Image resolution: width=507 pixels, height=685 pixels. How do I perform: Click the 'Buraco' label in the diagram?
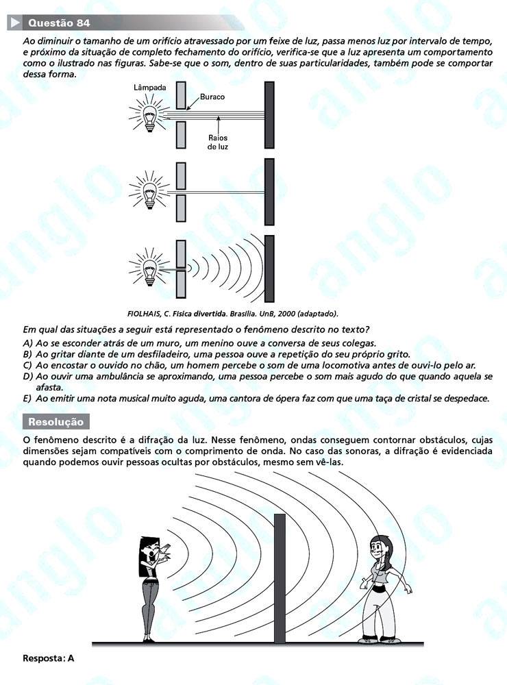(x=212, y=97)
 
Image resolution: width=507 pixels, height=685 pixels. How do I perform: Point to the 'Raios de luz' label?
(x=218, y=142)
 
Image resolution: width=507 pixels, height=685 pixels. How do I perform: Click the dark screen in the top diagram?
(x=269, y=114)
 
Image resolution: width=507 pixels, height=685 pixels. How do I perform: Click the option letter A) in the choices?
(x=27, y=342)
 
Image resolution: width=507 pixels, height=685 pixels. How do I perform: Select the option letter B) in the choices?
(x=27, y=354)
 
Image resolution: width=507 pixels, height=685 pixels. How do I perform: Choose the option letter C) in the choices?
(x=27, y=366)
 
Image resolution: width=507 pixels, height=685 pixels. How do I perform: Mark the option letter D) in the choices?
(x=28, y=377)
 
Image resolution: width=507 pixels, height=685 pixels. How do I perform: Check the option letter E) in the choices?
(x=27, y=399)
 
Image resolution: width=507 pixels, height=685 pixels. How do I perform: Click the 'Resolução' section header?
(x=55, y=422)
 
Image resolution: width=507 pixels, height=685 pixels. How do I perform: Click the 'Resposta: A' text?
(x=48, y=658)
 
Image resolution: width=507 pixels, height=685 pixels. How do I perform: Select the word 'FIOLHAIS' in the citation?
(x=143, y=313)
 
